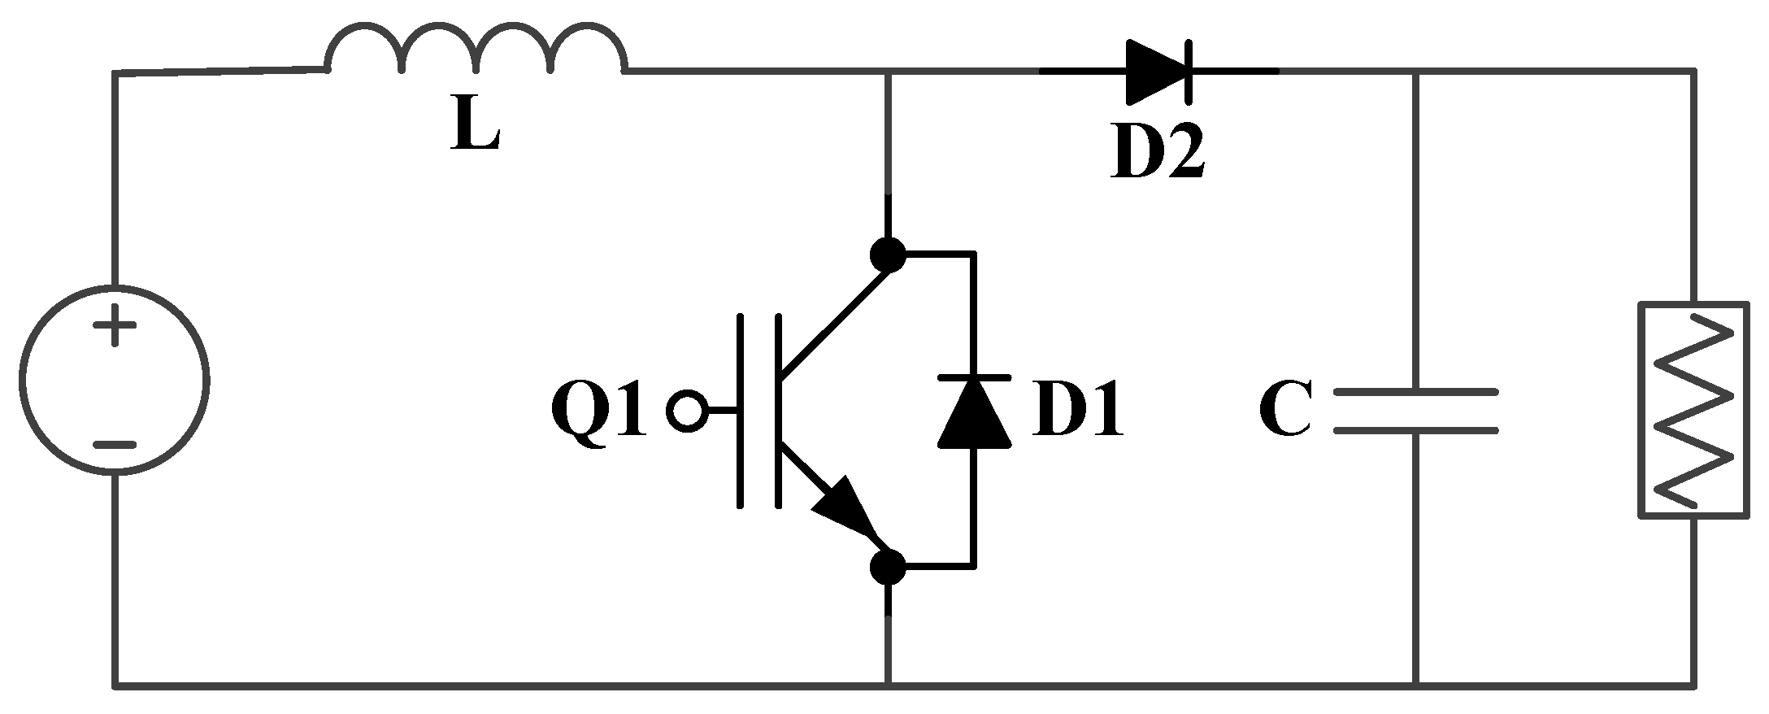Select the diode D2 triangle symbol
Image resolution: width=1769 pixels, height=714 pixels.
(x=1154, y=72)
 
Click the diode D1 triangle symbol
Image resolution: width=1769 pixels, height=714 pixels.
(x=974, y=414)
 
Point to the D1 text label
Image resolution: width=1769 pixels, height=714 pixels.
(x=1078, y=411)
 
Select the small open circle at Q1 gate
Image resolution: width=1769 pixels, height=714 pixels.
(x=687, y=411)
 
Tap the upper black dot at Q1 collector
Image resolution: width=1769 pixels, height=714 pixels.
(x=887, y=255)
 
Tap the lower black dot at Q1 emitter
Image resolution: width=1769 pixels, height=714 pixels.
(x=887, y=566)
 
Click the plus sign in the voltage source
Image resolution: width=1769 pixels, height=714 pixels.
(x=115, y=329)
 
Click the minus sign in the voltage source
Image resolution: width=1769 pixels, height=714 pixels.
(x=115, y=445)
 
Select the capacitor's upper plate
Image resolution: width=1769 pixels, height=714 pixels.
(x=1415, y=392)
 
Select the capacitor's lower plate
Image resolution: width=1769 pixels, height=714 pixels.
(x=1415, y=430)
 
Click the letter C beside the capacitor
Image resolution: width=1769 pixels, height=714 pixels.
(x=1285, y=411)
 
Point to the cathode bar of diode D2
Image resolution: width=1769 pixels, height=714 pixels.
(x=1189, y=72)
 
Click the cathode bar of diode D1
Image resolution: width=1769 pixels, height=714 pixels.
(x=974, y=377)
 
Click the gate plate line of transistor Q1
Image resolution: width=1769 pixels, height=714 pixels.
(x=740, y=411)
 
